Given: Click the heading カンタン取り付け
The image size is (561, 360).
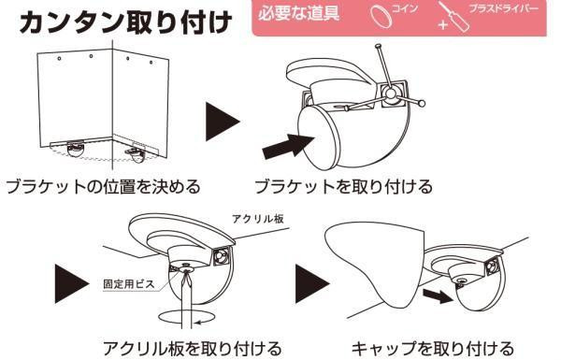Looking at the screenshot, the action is click(x=125, y=22).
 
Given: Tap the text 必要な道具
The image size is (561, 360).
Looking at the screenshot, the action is click(x=298, y=14).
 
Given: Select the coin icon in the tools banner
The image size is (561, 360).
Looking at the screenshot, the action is click(x=381, y=17).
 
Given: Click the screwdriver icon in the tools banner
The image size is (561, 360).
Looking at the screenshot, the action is click(x=453, y=17).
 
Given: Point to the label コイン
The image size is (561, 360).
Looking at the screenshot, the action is click(x=405, y=8).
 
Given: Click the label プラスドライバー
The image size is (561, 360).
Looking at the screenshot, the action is click(x=504, y=8).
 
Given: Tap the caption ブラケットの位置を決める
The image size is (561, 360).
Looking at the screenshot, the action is click(x=103, y=187).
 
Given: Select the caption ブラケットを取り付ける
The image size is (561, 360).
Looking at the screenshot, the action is click(x=343, y=187).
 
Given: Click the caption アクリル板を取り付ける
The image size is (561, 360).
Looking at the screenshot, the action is click(x=192, y=348).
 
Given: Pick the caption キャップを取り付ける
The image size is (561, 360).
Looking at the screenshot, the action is click(x=433, y=348).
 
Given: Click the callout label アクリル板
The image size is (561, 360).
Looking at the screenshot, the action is click(x=258, y=219).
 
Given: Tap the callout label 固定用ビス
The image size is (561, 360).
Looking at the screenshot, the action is click(x=129, y=284).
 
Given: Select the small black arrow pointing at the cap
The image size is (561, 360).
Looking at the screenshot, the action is click(x=438, y=295).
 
